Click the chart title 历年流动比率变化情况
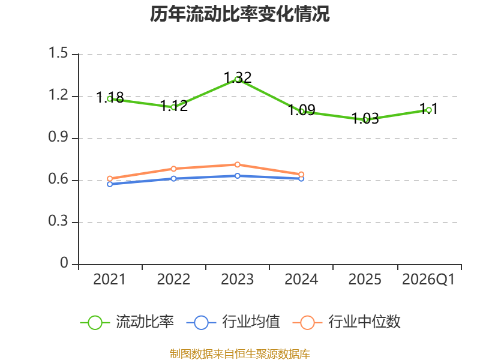pos(239,14)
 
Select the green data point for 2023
pos(237,80)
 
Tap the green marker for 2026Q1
pos(429,110)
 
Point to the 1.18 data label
pos(110,98)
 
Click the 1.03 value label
pos(365,119)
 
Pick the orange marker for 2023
pos(237,164)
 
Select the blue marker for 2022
pos(173,178)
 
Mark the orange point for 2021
pos(110,178)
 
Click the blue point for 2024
pos(301,178)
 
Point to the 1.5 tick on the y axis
pos(58,53)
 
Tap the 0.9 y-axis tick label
pos(58,137)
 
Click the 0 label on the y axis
pos(64,263)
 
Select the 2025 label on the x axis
pos(365,280)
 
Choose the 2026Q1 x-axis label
pos(428,280)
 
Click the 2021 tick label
pos(109,280)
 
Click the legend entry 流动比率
pos(127,322)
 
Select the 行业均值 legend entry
pos(233,322)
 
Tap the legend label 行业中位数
pos(347,322)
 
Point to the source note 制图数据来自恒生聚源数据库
pos(240,354)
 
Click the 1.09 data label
pos(302,110)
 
